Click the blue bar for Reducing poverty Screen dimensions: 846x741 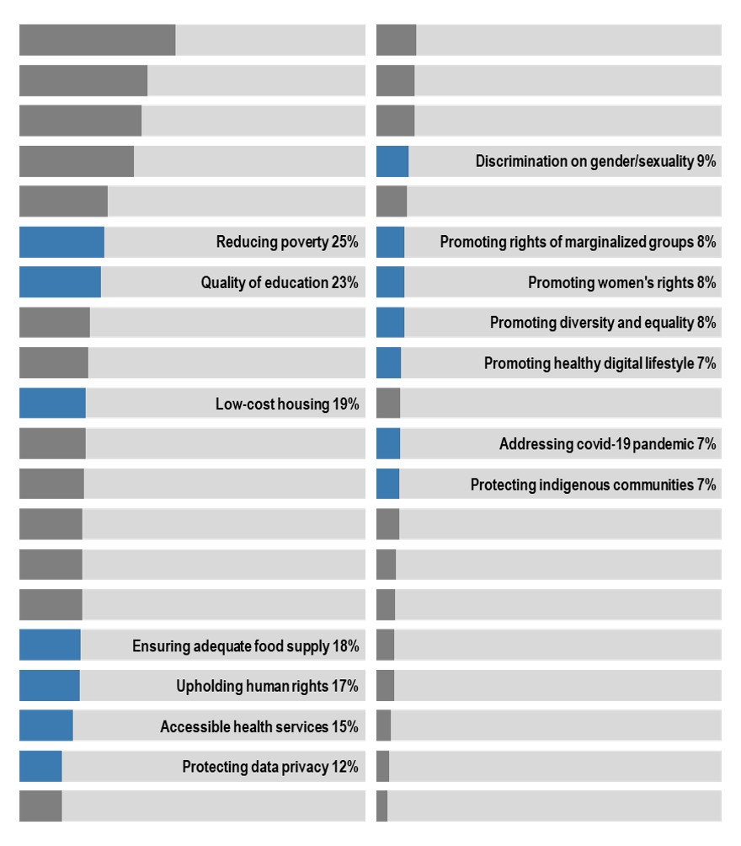pos(61,242)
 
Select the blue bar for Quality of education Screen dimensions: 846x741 pos(60,282)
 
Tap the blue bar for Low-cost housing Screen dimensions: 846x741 pos(52,404)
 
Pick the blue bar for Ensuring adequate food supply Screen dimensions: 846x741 pos(50,645)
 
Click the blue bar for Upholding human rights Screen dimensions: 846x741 pos(49,686)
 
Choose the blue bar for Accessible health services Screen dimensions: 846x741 pos(45,726)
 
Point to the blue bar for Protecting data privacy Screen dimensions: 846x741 pos(40,766)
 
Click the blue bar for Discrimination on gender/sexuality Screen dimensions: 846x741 pos(392,161)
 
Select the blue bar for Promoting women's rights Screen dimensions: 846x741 pos(390,282)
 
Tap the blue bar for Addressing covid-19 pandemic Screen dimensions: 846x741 pos(388,443)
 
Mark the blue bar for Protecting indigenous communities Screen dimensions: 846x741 pos(387,484)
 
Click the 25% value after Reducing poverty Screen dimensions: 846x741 pos(344,243)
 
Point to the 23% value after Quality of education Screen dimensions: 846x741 pos(344,283)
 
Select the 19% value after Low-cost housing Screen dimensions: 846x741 pos(345,404)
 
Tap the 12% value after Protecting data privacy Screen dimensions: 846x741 pos(344,767)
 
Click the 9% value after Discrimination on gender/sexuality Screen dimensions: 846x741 pos(706,162)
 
